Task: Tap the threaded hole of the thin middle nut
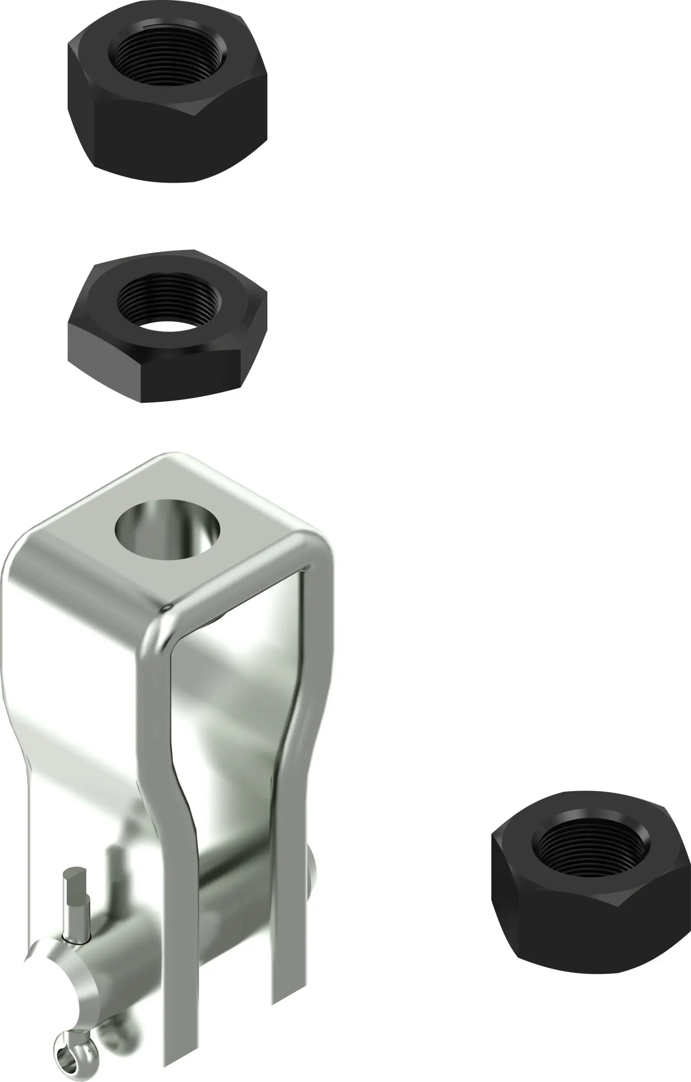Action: (x=169, y=299)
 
